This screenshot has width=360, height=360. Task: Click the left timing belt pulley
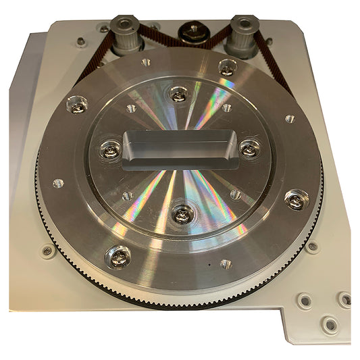pyautogui.click(x=126, y=34)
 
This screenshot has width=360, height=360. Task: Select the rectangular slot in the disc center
pyautogui.click(x=181, y=149)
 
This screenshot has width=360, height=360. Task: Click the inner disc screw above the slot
pyautogui.click(x=178, y=95)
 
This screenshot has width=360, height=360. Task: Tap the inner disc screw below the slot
pyautogui.click(x=183, y=215)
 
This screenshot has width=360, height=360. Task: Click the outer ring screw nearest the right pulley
pyautogui.click(x=228, y=68)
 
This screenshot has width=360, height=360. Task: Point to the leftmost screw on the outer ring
pyautogui.click(x=76, y=105)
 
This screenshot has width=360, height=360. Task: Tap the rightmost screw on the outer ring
pyautogui.click(x=295, y=199)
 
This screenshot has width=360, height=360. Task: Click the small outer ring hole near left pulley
pyautogui.click(x=147, y=63)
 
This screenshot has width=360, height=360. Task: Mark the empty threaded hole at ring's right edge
pyautogui.click(x=290, y=118)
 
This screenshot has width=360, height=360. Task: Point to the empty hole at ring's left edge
pyautogui.click(x=58, y=183)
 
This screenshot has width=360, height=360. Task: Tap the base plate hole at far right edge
pyautogui.click(x=345, y=299)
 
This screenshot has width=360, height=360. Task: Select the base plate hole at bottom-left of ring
pyautogui.click(x=47, y=251)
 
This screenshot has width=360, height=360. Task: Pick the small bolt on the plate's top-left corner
pyautogui.click(x=81, y=42)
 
